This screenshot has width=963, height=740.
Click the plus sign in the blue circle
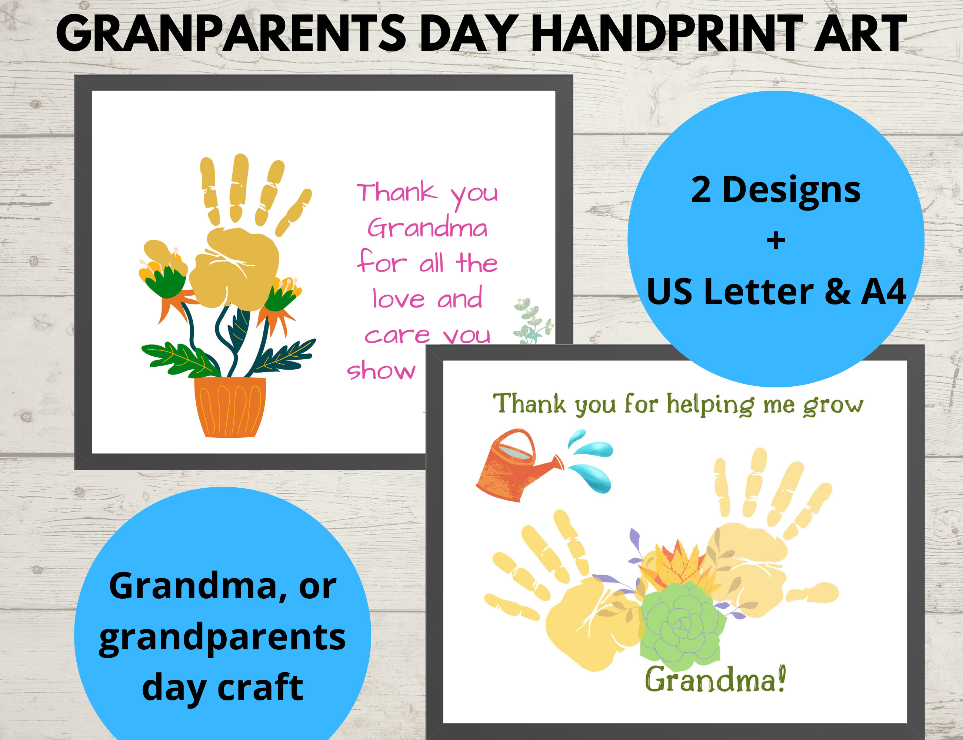coord(776,241)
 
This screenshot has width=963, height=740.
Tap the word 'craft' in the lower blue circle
coord(260,687)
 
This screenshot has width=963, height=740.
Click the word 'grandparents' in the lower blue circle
coord(222,638)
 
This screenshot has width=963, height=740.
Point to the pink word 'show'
coord(381,370)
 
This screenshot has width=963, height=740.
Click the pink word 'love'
coord(399,299)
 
